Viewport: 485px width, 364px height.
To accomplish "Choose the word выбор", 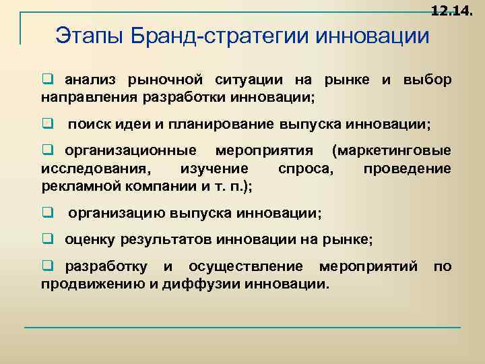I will (427, 80).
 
